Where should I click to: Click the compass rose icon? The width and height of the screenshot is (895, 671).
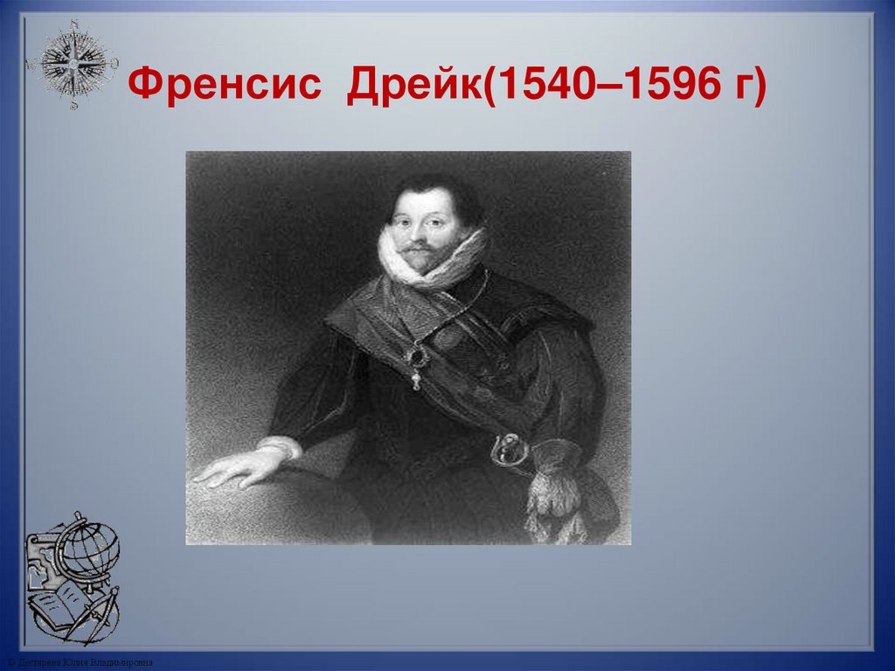pos(73,63)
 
